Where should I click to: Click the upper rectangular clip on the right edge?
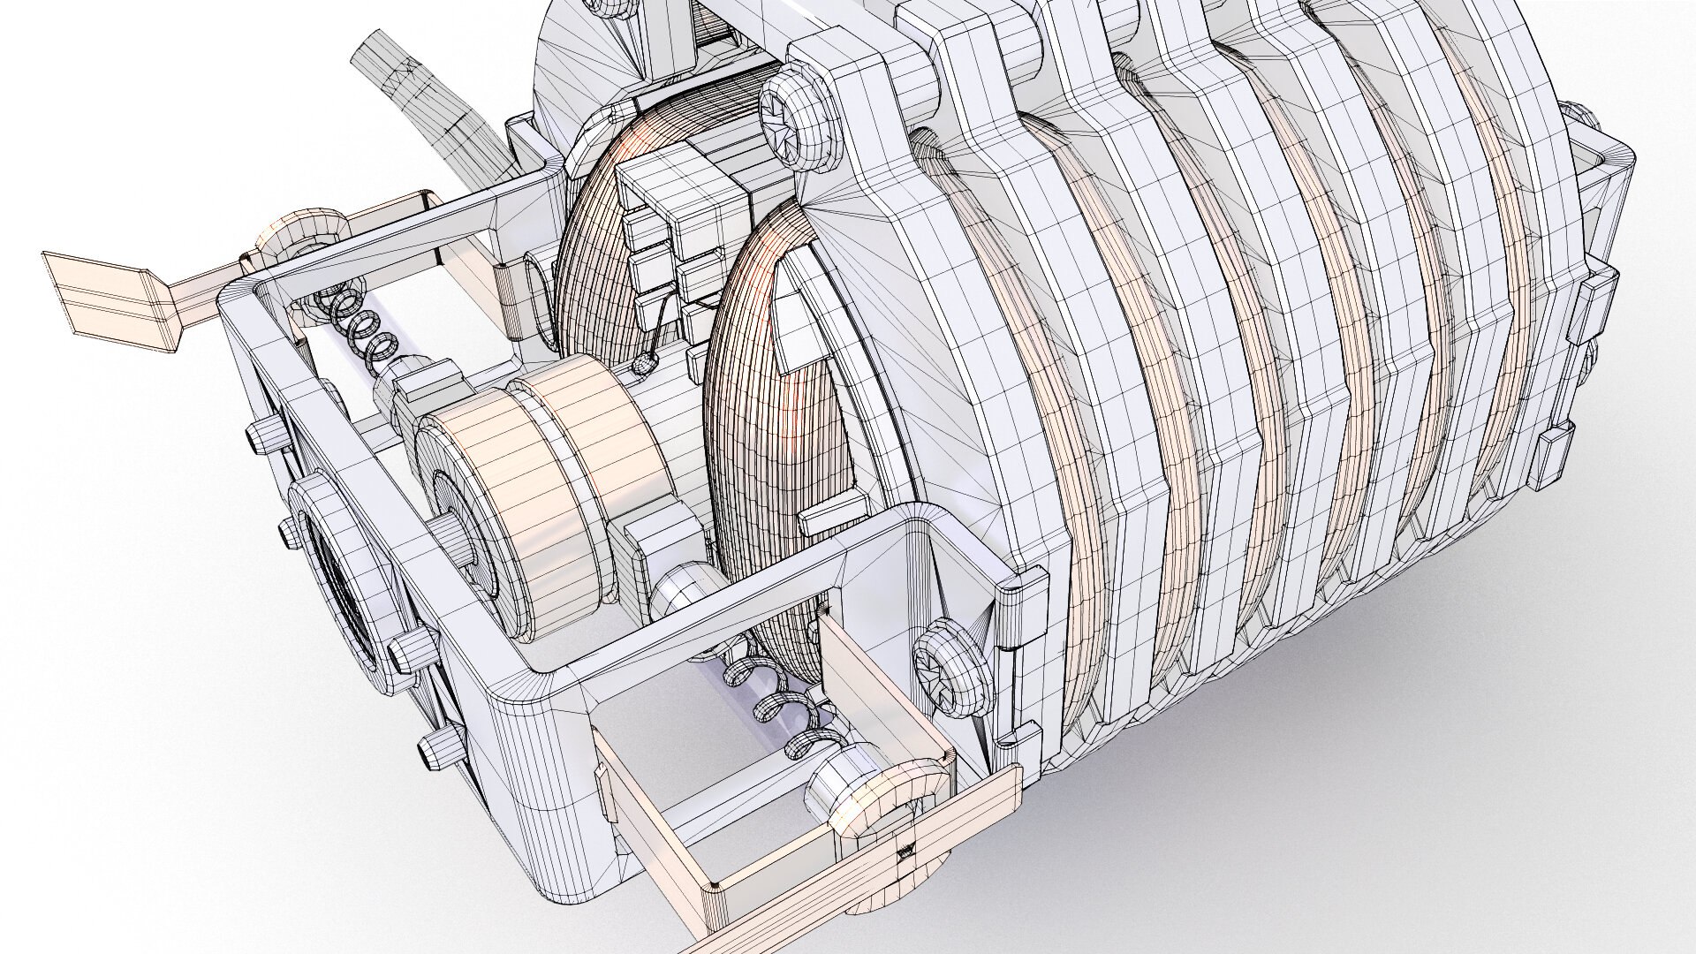coord(1599,305)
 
